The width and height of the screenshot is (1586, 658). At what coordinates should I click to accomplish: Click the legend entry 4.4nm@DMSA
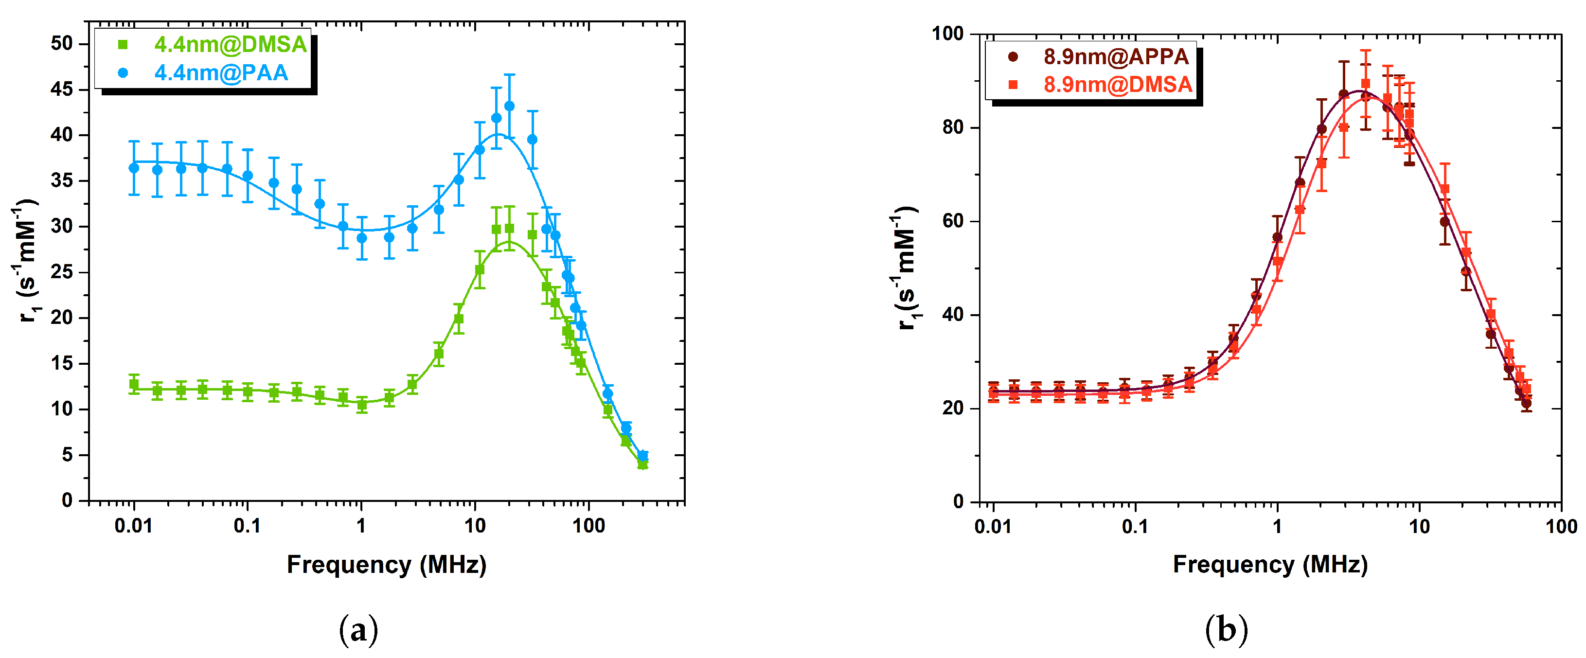(230, 44)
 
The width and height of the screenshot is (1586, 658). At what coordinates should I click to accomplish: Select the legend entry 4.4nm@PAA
(220, 72)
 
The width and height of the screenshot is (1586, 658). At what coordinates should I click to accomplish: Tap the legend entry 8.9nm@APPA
(1115, 56)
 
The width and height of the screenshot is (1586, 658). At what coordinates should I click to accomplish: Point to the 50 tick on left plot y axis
(62, 43)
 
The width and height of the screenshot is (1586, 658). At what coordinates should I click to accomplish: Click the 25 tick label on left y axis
(62, 271)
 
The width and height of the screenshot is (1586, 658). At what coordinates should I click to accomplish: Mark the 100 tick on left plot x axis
(588, 526)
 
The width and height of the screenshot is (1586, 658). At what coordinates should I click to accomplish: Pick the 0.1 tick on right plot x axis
(1135, 527)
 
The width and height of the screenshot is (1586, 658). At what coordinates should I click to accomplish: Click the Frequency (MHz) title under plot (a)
(386, 565)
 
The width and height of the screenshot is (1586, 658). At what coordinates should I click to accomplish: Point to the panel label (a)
(358, 630)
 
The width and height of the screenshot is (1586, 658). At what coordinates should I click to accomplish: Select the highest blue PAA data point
(509, 106)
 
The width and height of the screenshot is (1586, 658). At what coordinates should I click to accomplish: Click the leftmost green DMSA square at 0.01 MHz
(134, 385)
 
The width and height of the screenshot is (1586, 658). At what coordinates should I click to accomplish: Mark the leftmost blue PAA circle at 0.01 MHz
(134, 168)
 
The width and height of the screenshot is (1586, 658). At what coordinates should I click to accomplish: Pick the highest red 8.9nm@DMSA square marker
(1366, 84)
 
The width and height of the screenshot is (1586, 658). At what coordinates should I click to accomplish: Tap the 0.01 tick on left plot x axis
(134, 526)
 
